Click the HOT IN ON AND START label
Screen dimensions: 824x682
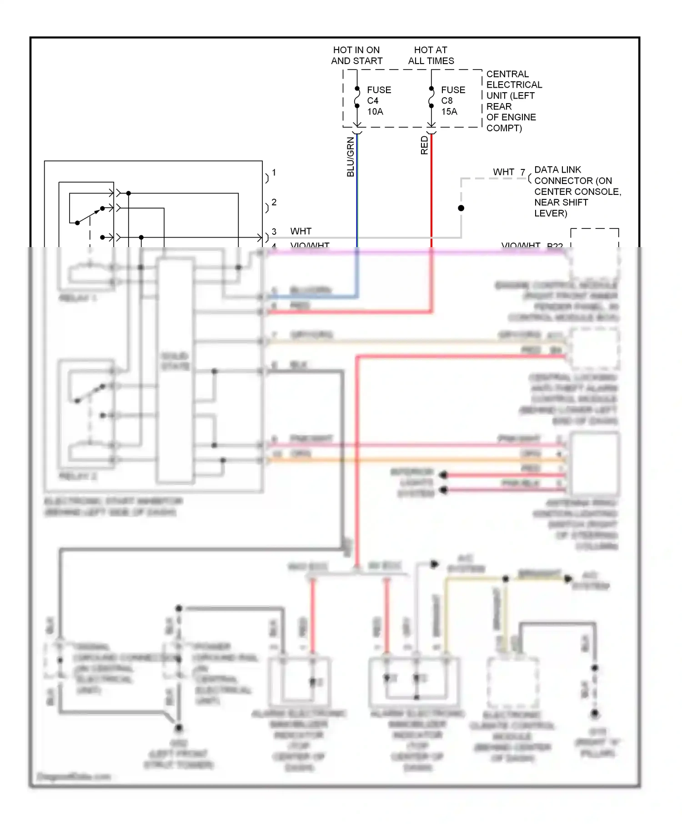(356, 55)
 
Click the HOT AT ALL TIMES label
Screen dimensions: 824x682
(431, 55)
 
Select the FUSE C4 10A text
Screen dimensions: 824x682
(379, 101)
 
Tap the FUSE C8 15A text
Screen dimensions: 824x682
(453, 101)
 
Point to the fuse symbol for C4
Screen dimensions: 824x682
(357, 98)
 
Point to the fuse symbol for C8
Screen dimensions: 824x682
(431, 98)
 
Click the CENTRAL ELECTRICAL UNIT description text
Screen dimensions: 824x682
(513, 101)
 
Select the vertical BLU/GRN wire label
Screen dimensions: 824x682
(350, 157)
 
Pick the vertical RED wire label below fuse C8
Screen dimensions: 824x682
(424, 145)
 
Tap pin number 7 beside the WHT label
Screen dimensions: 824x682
(523, 172)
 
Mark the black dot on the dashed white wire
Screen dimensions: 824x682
(461, 208)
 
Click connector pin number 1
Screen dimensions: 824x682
(274, 173)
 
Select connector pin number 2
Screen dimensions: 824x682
(274, 202)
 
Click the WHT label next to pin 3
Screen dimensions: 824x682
(301, 231)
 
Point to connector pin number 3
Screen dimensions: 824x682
(274, 232)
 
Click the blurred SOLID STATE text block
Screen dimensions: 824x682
(175, 361)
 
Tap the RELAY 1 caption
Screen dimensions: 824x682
(77, 298)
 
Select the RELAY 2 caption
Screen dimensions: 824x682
(77, 476)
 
